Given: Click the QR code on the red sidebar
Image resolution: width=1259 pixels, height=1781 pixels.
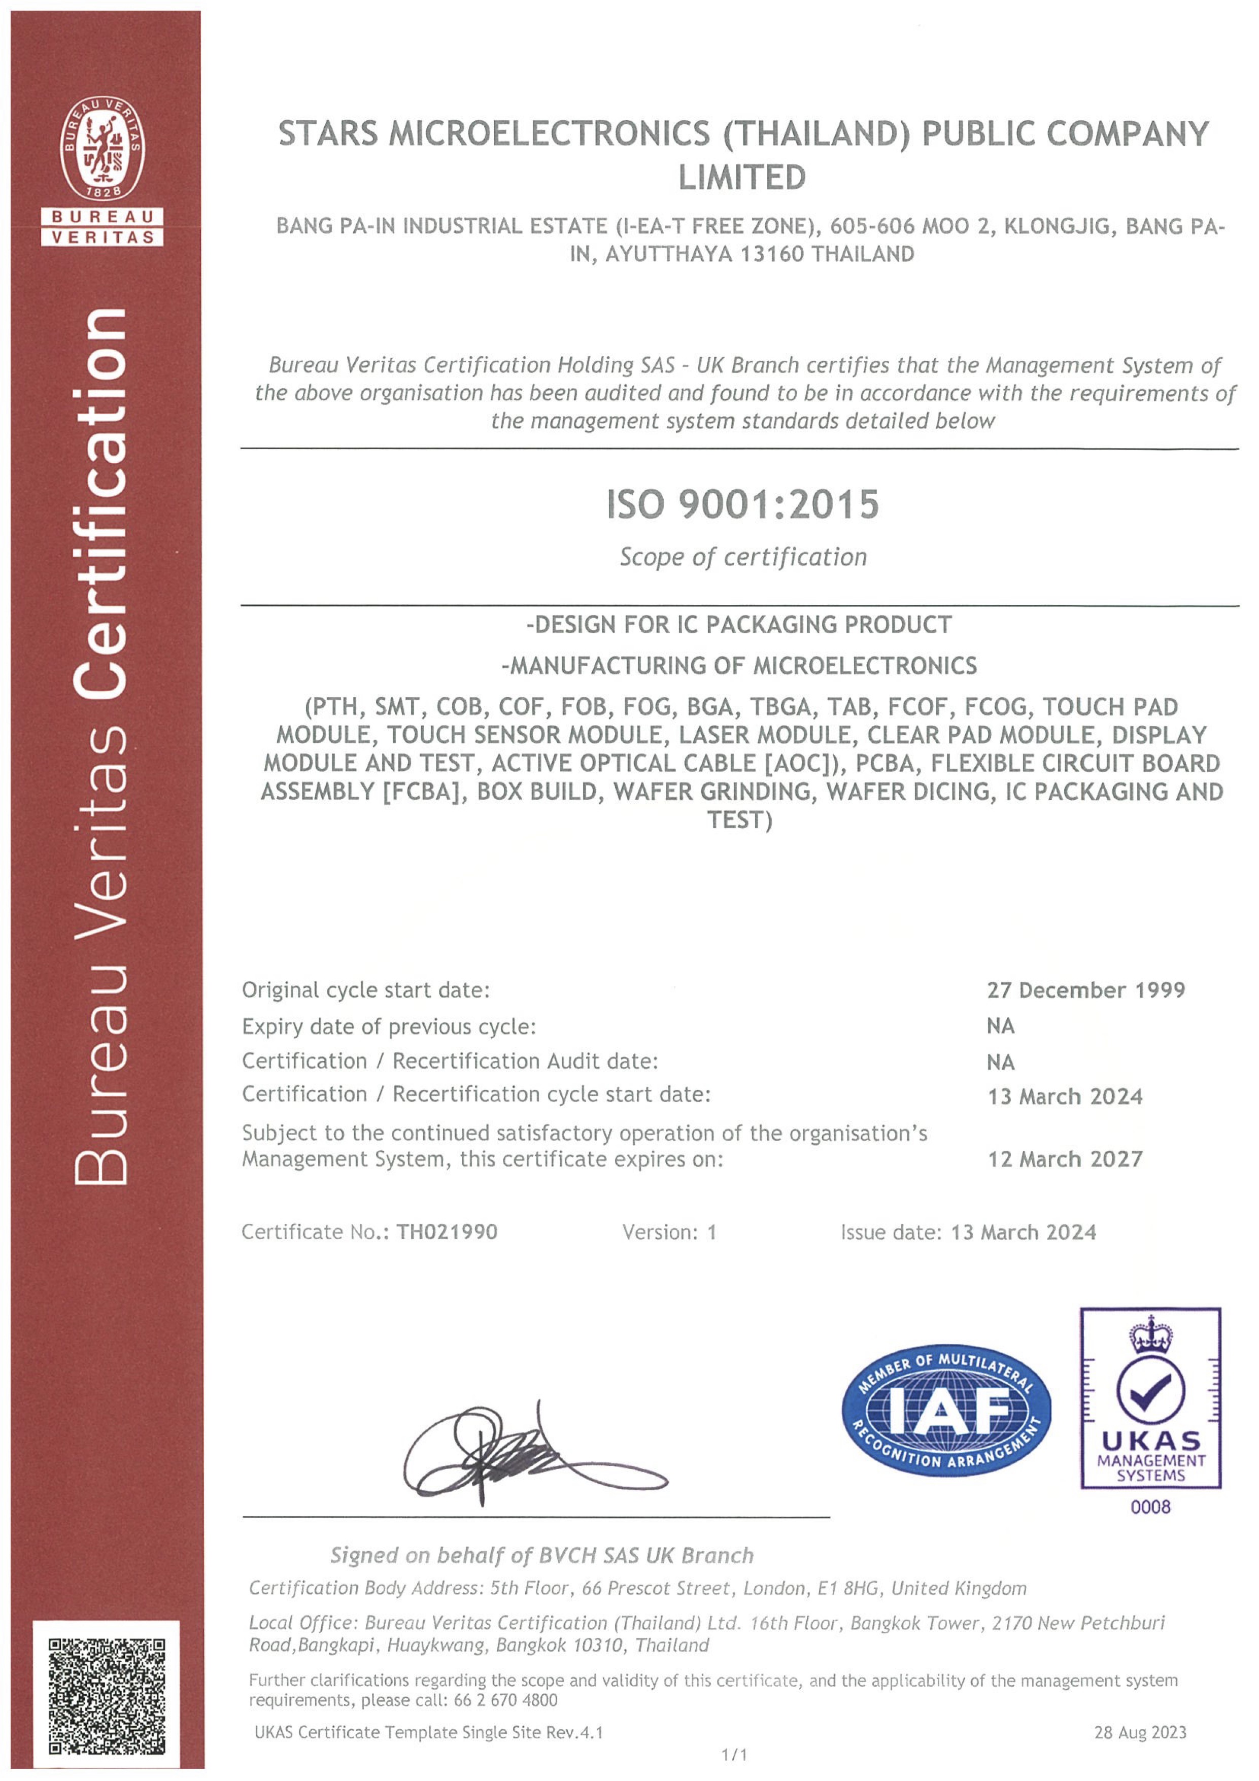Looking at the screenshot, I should click(x=106, y=1696).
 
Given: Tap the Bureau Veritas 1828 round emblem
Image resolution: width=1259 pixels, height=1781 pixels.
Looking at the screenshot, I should click(x=103, y=147).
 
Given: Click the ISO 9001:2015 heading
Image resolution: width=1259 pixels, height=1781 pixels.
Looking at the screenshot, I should click(x=742, y=505).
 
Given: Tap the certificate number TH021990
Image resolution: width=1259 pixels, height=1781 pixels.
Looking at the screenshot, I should click(x=447, y=1232).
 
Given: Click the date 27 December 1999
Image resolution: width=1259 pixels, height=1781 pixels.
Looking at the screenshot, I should click(x=1085, y=990).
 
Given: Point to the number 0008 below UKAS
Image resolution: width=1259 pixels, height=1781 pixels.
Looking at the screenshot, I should click(x=1150, y=1506).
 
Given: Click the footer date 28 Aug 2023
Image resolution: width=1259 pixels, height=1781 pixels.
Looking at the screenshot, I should click(x=1140, y=1732).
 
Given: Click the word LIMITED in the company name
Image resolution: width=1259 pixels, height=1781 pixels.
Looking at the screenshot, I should click(x=742, y=178).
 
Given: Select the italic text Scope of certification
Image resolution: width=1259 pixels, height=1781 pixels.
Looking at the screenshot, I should click(x=742, y=557).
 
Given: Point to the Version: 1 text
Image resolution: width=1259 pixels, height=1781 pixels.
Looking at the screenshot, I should click(x=669, y=1232).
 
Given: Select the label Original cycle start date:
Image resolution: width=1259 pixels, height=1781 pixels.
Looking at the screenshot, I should click(x=365, y=990).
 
